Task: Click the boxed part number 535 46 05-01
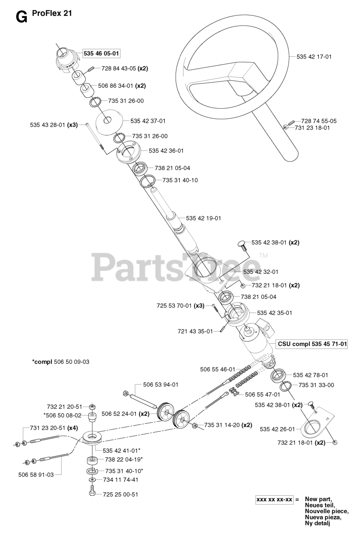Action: tap(102, 53)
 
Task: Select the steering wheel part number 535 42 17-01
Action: tap(314, 56)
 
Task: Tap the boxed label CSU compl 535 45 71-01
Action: tap(312, 344)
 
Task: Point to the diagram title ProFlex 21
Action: tap(52, 13)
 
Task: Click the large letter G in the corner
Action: tap(21, 17)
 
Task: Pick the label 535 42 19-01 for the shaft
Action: tap(204, 218)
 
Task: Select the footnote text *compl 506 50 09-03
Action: tap(61, 362)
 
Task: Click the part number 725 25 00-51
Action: tap(120, 494)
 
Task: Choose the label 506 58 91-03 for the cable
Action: tap(36, 474)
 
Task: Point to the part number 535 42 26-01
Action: tap(277, 429)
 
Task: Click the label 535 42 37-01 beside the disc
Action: tap(148, 121)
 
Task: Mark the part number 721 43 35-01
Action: tap(195, 331)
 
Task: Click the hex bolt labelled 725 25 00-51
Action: tap(93, 493)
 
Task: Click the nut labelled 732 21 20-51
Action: tap(92, 406)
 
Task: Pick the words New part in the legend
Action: tap(318, 499)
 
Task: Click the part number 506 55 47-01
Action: tap(263, 394)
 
